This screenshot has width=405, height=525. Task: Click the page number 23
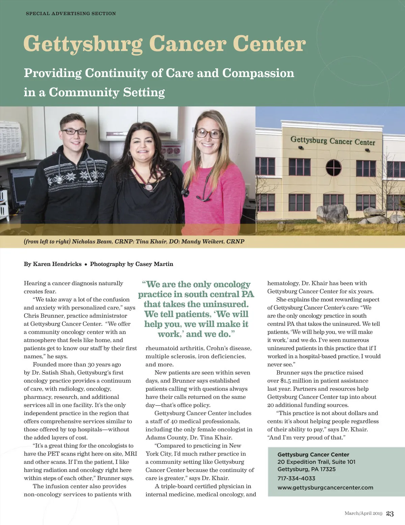[x=390, y=514]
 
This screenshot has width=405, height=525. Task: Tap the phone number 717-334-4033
[x=296, y=478]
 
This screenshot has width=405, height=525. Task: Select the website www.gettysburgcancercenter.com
[x=325, y=487]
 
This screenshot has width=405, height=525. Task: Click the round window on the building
[x=333, y=167]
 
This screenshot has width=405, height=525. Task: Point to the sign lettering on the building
[x=332, y=141]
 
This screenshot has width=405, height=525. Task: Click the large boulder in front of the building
[x=332, y=213]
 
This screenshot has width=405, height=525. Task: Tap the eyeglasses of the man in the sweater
[x=74, y=132]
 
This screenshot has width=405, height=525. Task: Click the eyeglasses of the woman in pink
[x=209, y=133]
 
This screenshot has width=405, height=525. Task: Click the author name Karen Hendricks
[x=57, y=264]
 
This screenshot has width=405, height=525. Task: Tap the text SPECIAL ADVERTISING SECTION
[x=71, y=14]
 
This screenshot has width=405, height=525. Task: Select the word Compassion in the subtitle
[x=258, y=73]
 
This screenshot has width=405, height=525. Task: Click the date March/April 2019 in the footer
[x=363, y=514]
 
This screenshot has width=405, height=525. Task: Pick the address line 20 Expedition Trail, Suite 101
[x=316, y=462]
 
